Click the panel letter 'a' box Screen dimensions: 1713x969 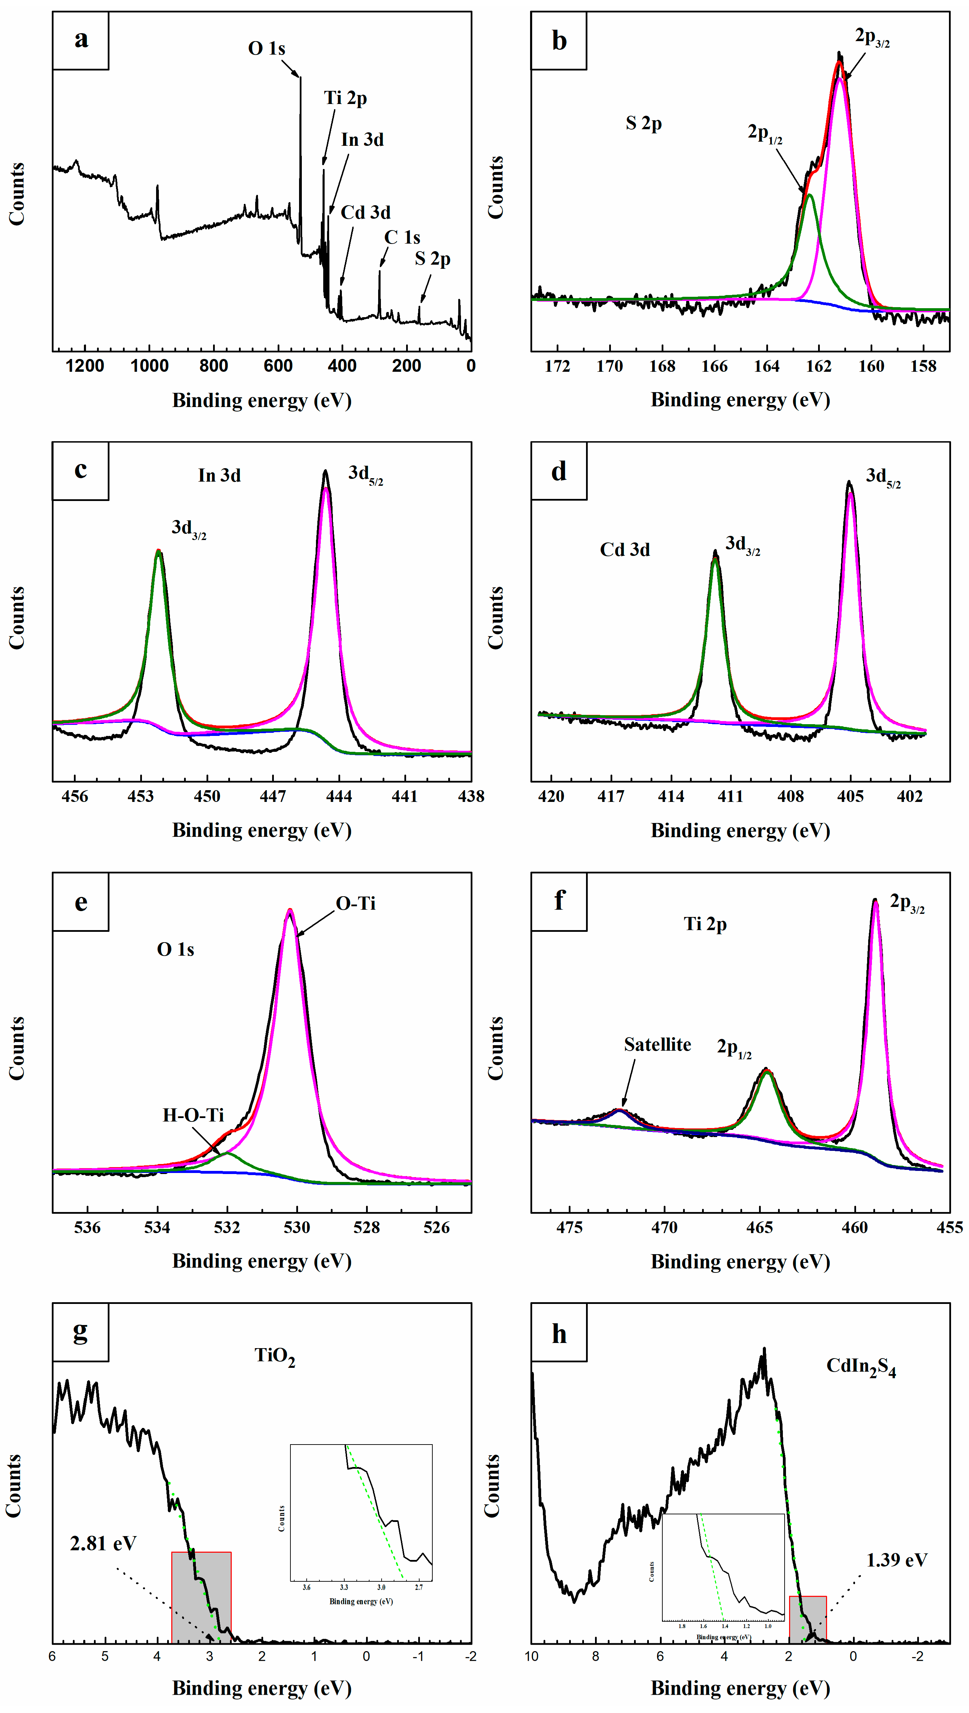click(x=80, y=40)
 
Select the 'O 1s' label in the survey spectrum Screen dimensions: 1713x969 click(x=266, y=49)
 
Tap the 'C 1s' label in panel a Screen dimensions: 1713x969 click(x=402, y=238)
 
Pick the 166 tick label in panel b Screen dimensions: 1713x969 click(x=714, y=366)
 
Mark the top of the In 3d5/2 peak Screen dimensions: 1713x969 click(x=325, y=472)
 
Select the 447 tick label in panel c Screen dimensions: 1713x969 click(x=273, y=796)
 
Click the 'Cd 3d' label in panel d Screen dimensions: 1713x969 click(x=624, y=550)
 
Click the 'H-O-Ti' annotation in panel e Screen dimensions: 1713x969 click(x=193, y=1115)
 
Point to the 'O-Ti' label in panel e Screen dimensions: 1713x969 click(x=355, y=903)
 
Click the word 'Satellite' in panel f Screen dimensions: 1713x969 click(x=657, y=1044)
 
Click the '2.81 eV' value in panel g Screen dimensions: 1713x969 click(x=103, y=1543)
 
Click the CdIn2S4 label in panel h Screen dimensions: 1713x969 click(x=861, y=1367)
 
